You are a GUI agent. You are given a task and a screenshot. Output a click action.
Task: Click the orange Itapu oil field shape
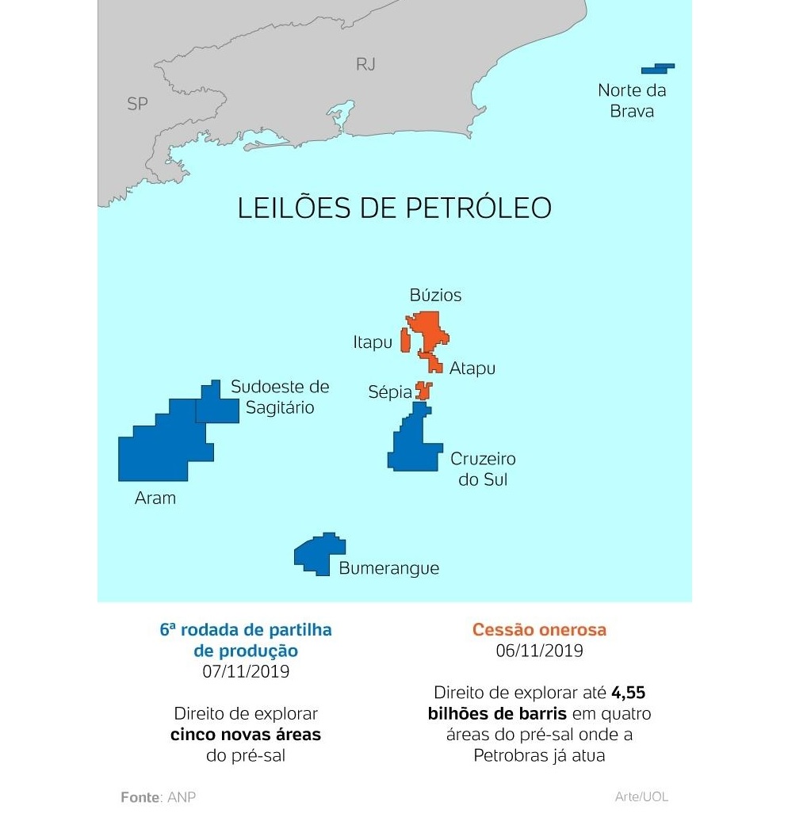point(405,339)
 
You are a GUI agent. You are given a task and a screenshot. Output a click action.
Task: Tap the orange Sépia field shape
point(424,391)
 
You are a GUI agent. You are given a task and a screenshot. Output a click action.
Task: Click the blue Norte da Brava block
point(657,68)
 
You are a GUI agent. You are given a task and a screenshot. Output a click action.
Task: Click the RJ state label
point(365,64)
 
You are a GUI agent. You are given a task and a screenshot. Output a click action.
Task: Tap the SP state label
point(137,104)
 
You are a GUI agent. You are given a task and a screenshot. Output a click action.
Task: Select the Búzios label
point(435,296)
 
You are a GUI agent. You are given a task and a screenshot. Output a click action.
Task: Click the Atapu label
point(472,368)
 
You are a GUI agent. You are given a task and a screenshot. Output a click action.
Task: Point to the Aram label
point(155,498)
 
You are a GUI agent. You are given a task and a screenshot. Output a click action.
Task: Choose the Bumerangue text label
point(388,568)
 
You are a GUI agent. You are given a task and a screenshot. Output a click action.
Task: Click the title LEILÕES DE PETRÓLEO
point(394,208)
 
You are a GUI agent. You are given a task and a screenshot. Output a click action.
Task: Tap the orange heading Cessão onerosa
point(539,630)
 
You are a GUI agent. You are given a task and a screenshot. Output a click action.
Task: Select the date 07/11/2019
point(246,671)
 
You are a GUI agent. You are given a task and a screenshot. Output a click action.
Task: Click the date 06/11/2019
point(539,651)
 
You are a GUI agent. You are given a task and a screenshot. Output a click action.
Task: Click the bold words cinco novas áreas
point(246,735)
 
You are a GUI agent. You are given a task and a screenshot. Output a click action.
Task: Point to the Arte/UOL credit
point(641,796)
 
